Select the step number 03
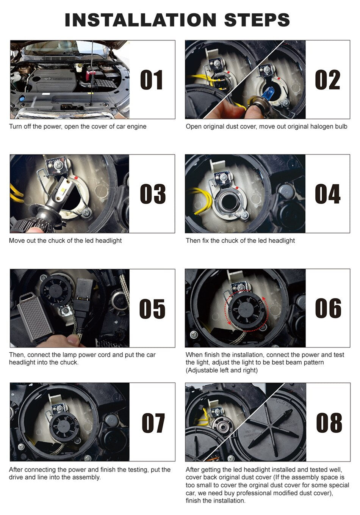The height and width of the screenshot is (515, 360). click(x=152, y=194)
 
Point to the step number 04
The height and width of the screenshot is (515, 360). click(x=327, y=194)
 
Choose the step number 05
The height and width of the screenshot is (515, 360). click(x=152, y=308)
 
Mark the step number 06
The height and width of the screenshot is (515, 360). click(x=328, y=308)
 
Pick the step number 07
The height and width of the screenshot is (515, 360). click(x=153, y=423)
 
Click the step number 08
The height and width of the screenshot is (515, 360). click(x=329, y=423)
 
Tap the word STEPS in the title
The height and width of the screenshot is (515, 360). click(x=257, y=20)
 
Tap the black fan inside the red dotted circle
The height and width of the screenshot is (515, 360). click(x=244, y=309)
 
